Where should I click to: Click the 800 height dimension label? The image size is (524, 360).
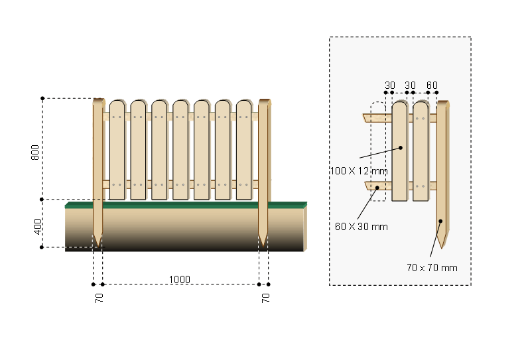(34, 153)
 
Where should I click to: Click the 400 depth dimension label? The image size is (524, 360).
(38, 226)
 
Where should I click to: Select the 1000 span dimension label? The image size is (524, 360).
(179, 279)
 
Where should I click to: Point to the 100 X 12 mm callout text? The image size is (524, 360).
(358, 170)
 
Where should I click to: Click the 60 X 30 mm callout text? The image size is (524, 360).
(361, 227)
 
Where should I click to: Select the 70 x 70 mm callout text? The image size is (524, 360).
(432, 268)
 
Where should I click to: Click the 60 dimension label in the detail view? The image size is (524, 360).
(432, 86)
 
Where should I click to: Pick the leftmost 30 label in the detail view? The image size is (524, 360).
(390, 86)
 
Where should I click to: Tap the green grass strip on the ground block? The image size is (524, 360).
(186, 205)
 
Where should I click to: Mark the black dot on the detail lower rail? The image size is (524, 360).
(377, 188)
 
